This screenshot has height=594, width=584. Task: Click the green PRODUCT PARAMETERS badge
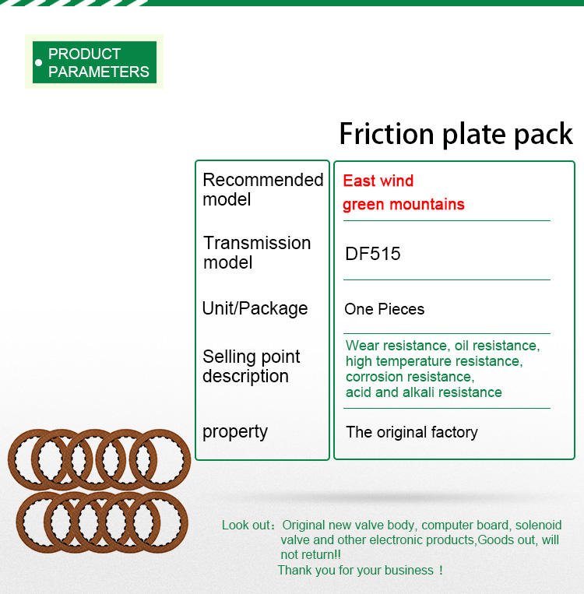(94, 62)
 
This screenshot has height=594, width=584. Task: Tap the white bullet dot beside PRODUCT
(38, 62)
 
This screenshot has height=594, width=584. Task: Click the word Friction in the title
(386, 134)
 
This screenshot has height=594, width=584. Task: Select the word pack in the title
(544, 135)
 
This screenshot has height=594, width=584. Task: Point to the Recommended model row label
(263, 189)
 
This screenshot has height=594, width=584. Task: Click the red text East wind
(378, 181)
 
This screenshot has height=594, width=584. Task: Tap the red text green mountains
(403, 205)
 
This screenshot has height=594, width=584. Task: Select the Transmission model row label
(257, 252)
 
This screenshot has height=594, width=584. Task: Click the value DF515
(372, 254)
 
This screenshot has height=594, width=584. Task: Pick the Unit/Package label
(255, 308)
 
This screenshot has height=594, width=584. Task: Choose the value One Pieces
(385, 309)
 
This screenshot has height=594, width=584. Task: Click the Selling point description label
(252, 367)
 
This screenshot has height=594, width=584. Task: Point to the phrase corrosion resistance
(410, 377)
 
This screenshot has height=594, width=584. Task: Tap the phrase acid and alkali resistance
(424, 392)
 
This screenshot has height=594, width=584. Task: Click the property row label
(235, 432)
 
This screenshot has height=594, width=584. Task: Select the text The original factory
(412, 432)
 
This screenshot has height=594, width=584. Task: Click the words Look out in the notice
(246, 525)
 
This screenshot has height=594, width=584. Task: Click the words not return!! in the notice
(311, 554)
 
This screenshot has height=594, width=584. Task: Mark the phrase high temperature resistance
(434, 361)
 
